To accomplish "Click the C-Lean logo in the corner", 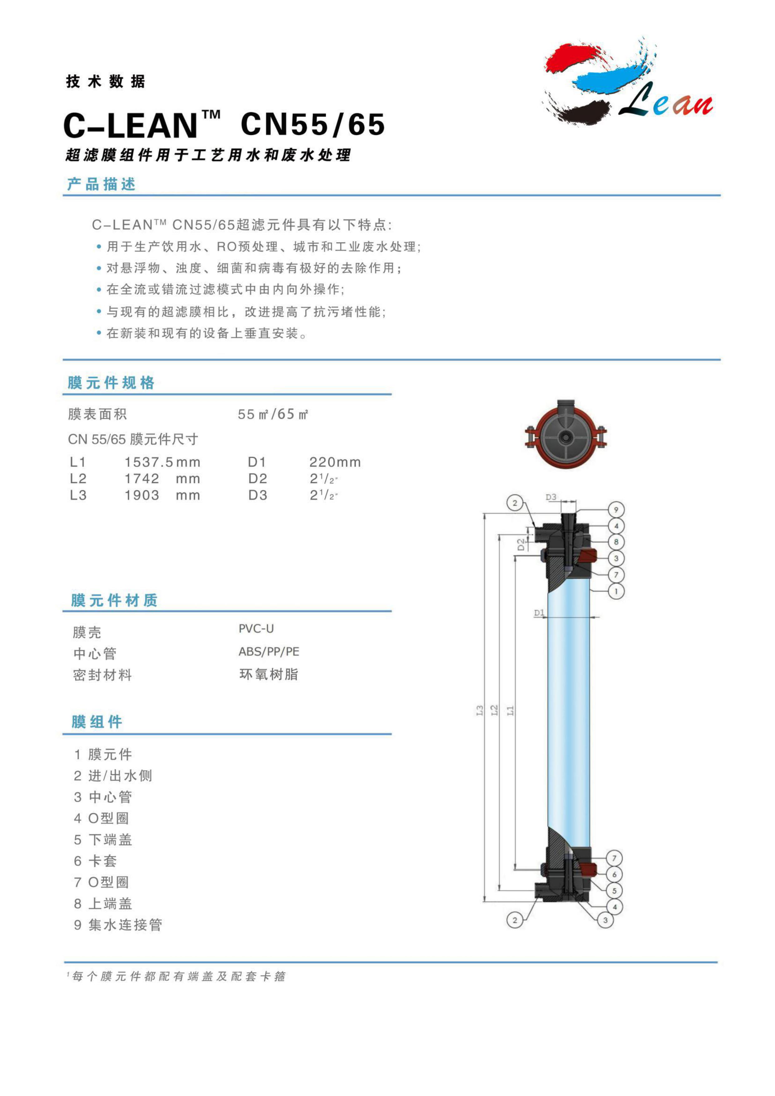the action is tap(628, 82).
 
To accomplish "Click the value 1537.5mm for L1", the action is tap(162, 462).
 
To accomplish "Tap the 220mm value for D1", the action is tap(335, 462).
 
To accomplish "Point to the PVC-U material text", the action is tap(256, 629).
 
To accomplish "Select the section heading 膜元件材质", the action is tap(114, 600).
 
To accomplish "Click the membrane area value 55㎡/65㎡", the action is tap(273, 414).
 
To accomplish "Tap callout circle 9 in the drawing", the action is tap(616, 510).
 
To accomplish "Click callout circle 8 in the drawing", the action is tap(616, 542).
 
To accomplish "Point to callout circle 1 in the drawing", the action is tap(616, 591).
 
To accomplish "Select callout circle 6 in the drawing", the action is tap(614, 874).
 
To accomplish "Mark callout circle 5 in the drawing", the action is tap(614, 891).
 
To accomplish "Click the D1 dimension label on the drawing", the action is tap(539, 612).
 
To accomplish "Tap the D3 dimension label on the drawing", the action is tap(551, 497).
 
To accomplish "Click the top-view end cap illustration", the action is tap(566, 434).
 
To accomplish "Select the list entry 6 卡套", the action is tap(96, 861).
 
